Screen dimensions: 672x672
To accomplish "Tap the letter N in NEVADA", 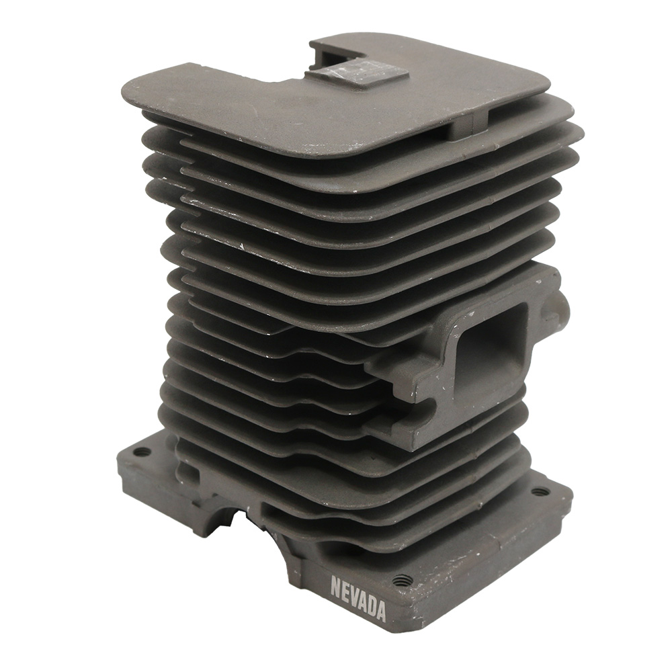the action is [x=335, y=584].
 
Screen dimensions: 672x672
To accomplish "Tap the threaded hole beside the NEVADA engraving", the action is [x=403, y=581].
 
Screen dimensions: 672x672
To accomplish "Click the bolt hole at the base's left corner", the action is [x=141, y=452].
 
